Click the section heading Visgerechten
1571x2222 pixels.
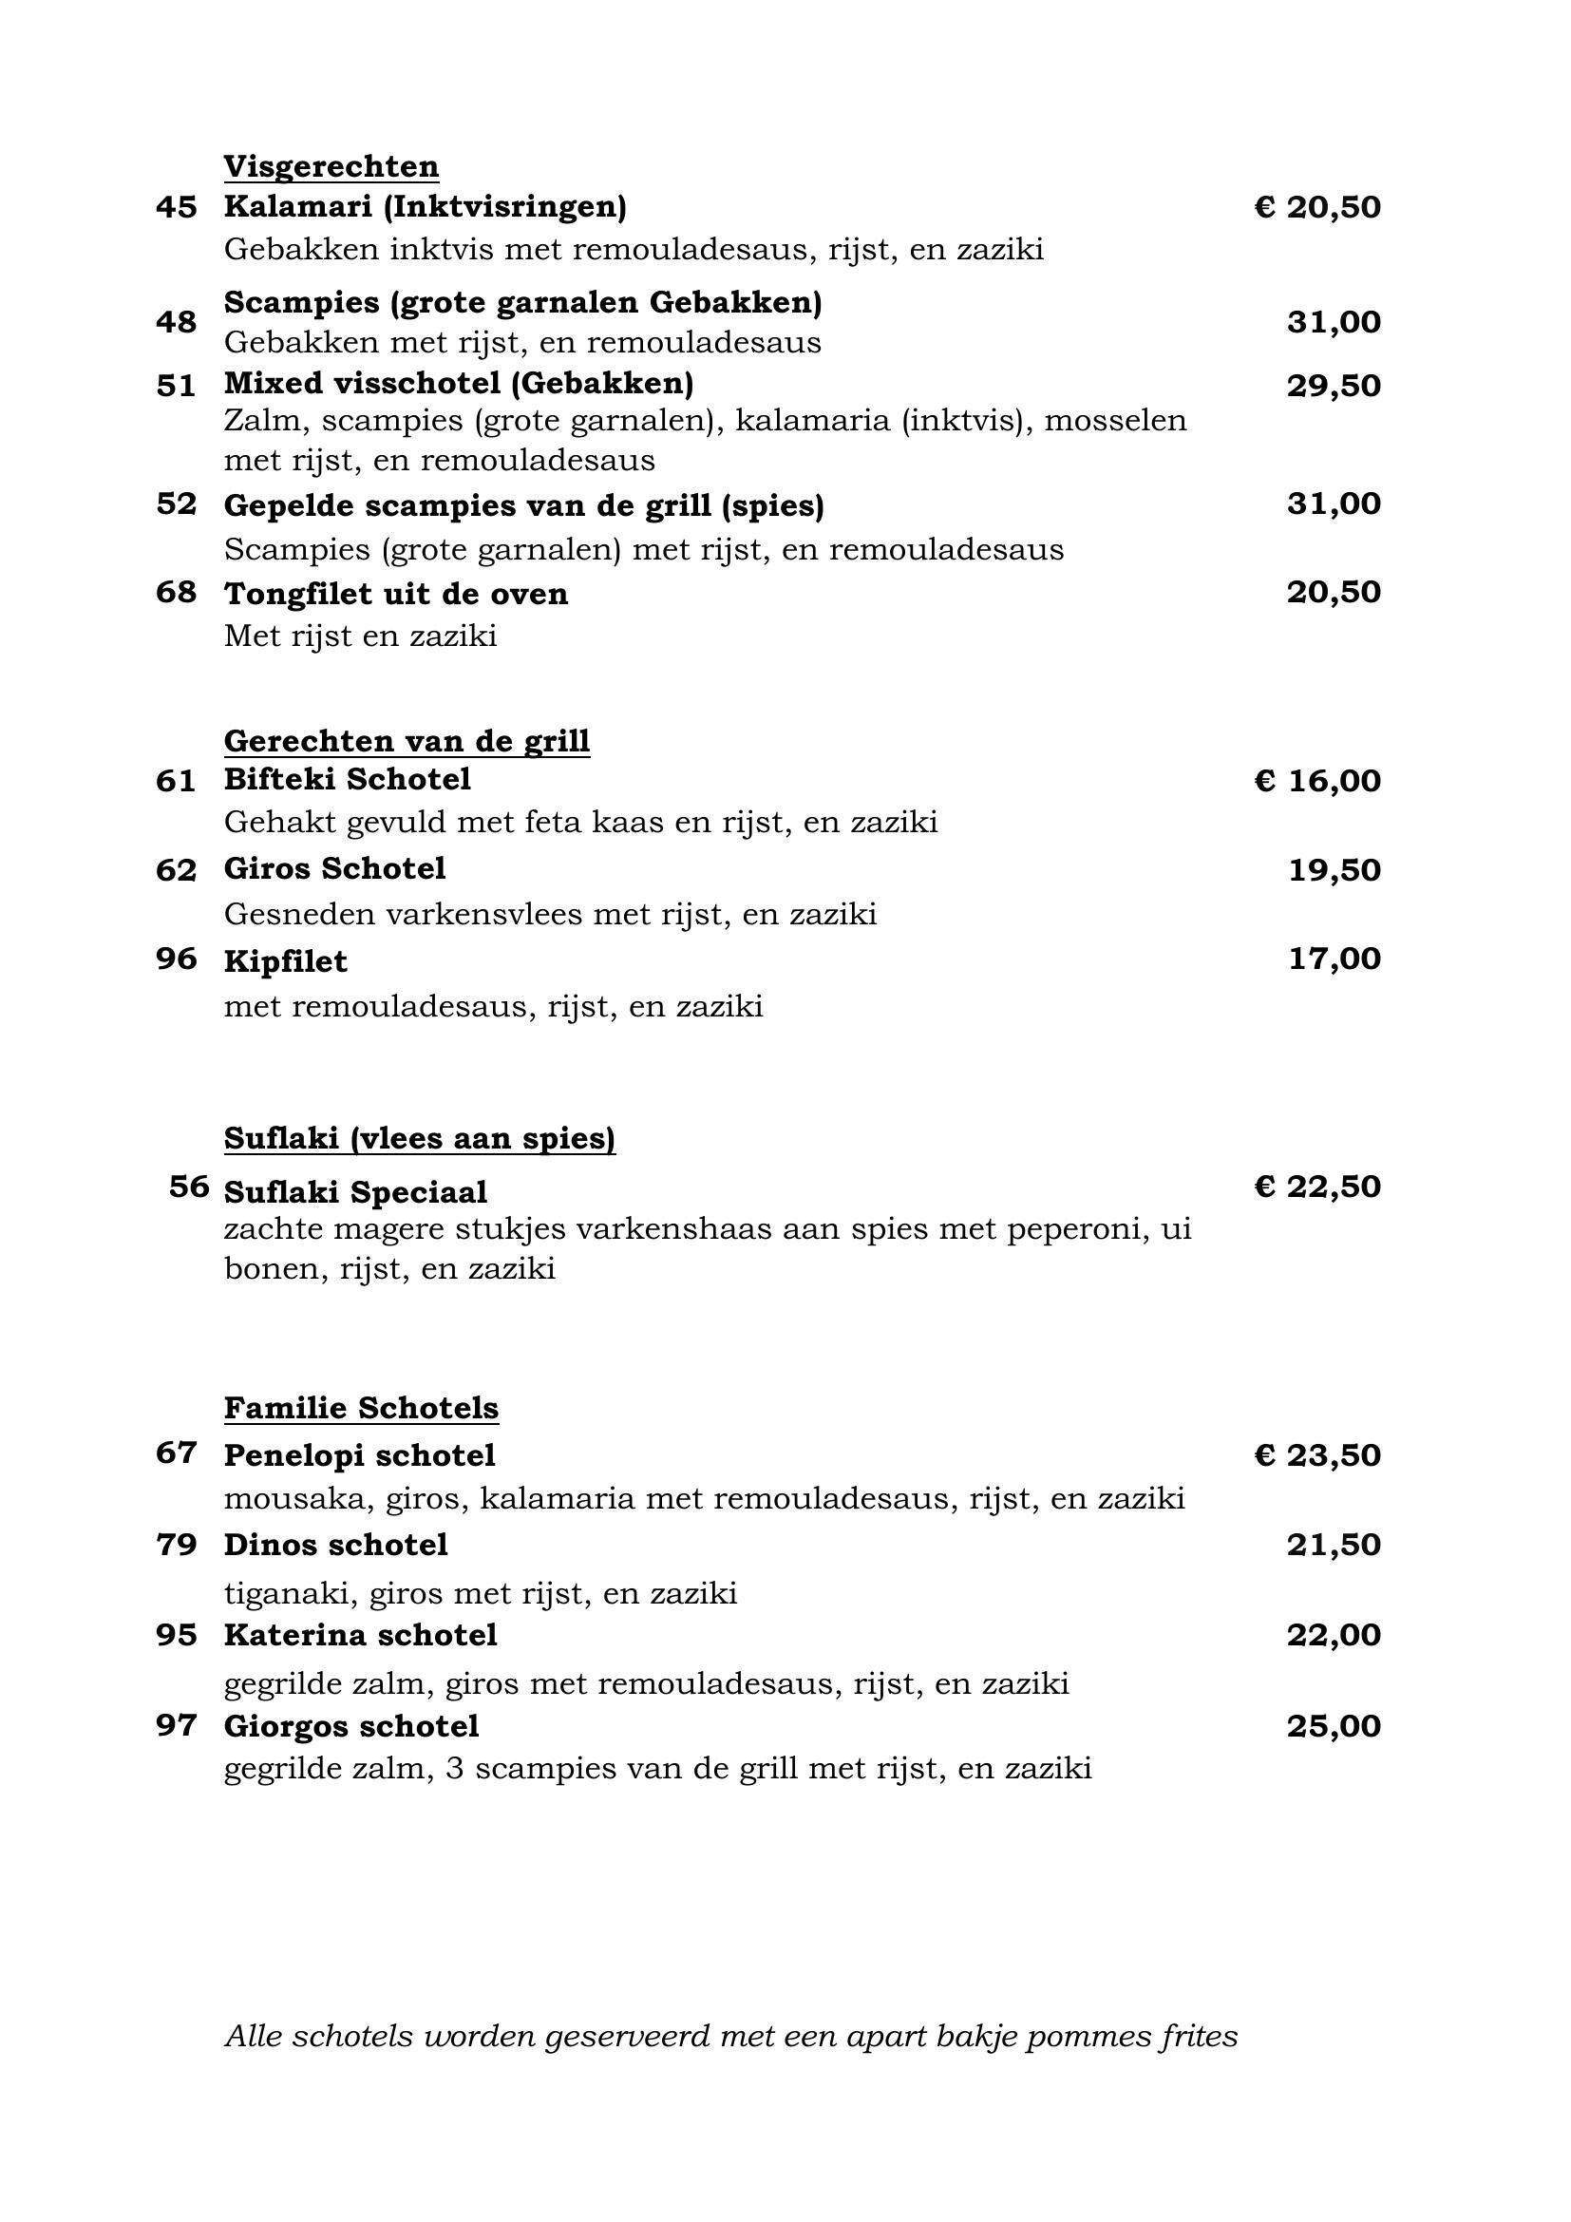pos(331,166)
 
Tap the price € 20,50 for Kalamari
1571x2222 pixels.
pos(1317,207)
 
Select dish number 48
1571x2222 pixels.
pos(176,321)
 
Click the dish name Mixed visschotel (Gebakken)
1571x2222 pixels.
pos(459,383)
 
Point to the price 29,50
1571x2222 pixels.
pos(1333,385)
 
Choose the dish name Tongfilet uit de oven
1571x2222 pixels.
pos(396,593)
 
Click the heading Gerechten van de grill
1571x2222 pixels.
pos(407,740)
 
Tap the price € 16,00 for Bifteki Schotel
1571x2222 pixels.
pos(1317,780)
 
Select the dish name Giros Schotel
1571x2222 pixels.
pos(334,868)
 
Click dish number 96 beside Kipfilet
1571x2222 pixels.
pos(176,959)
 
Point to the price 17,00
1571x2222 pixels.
pos(1334,959)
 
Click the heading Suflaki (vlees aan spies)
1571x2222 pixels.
pos(419,1138)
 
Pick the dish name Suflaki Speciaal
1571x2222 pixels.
pos(355,1192)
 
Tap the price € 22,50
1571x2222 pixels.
pos(1317,1187)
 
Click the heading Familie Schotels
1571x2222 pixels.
pos(361,1407)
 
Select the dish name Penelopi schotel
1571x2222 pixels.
pos(359,1454)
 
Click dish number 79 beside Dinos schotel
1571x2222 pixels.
pos(176,1545)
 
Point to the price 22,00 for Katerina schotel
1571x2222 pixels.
pos(1333,1635)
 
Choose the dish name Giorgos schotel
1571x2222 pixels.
pos(351,1725)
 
